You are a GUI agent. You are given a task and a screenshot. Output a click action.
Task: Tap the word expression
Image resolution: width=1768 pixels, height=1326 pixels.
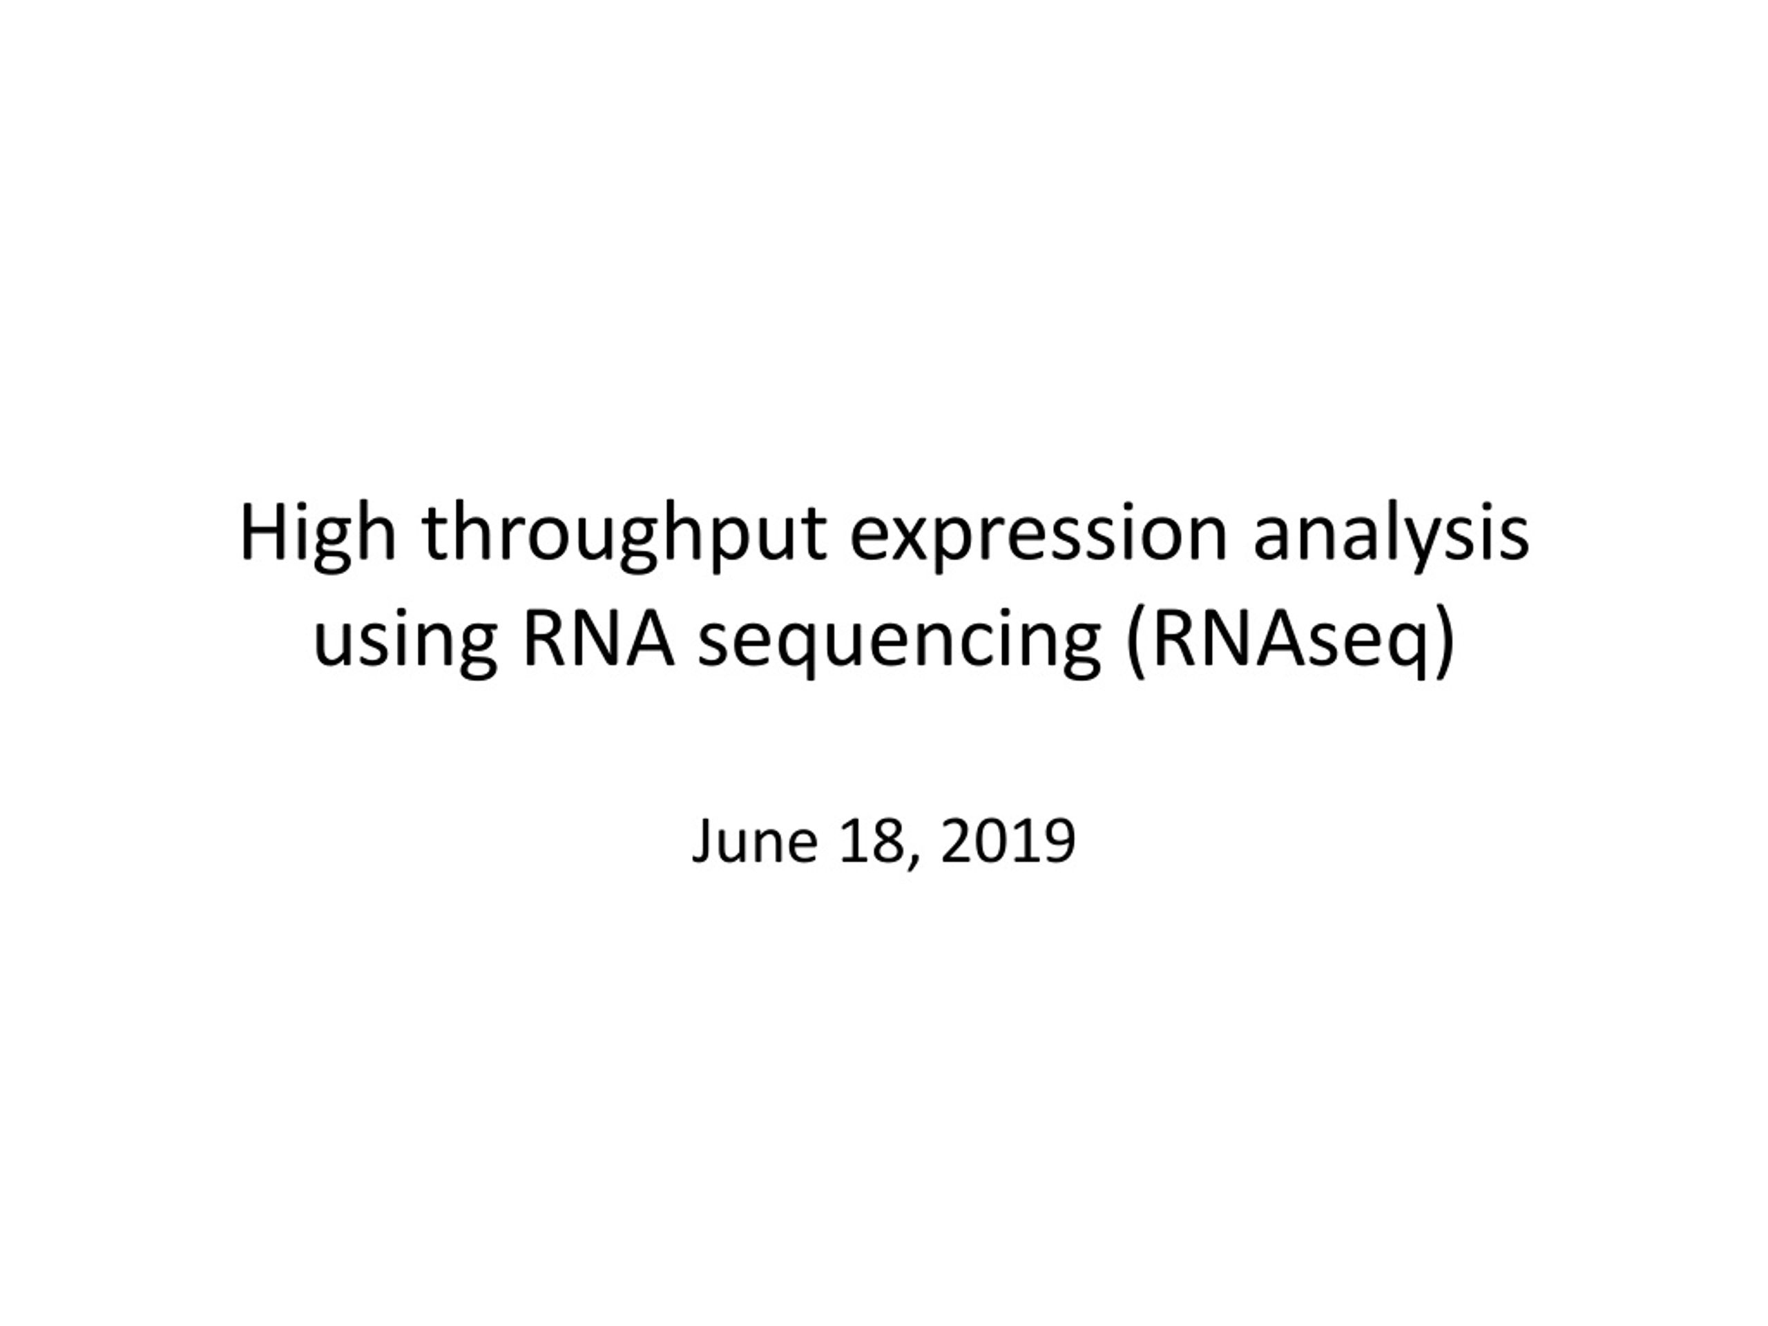click(x=1037, y=534)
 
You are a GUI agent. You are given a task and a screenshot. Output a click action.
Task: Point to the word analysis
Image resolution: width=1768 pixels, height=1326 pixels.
click(x=1391, y=534)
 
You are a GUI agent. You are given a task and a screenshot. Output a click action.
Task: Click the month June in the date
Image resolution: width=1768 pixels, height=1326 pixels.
click(x=756, y=842)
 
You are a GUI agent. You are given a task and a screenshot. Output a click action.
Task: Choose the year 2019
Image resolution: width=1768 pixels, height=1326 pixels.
click(x=1009, y=842)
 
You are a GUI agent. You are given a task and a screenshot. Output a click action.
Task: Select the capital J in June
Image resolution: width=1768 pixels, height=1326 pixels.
click(x=702, y=842)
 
